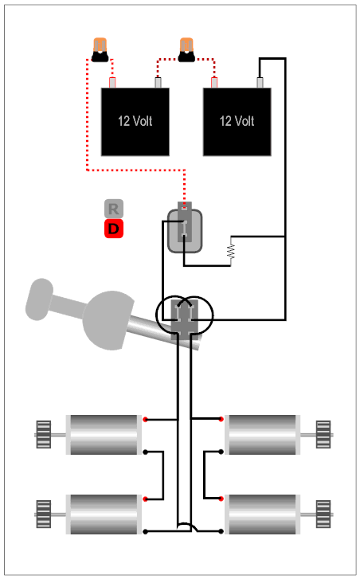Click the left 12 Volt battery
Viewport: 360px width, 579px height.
pyautogui.click(x=135, y=122)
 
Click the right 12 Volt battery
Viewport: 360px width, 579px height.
pyautogui.click(x=237, y=122)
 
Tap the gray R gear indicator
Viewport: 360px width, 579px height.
pyautogui.click(x=114, y=209)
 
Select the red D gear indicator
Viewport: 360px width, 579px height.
pyautogui.click(x=114, y=229)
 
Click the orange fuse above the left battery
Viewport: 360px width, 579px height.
pyautogui.click(x=100, y=49)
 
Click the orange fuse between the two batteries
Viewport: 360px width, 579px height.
pyautogui.click(x=186, y=49)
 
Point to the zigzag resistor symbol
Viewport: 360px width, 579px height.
pyautogui.click(x=232, y=251)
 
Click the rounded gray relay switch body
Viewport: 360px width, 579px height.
pyautogui.click(x=185, y=231)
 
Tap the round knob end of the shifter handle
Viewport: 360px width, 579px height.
pyautogui.click(x=39, y=299)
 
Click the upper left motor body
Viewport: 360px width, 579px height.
pyautogui.click(x=104, y=435)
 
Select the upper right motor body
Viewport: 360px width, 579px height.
pyautogui.click(x=263, y=435)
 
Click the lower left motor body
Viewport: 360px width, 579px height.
pyautogui.click(x=104, y=514)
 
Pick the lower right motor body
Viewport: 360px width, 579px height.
pyautogui.click(x=263, y=514)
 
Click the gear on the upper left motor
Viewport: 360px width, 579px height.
pyautogui.click(x=44, y=435)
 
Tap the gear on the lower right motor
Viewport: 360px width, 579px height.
pyautogui.click(x=323, y=514)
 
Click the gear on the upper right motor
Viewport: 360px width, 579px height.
pyautogui.click(x=323, y=435)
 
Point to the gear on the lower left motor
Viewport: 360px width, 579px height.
pyautogui.click(x=44, y=514)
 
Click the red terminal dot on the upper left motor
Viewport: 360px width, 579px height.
pyautogui.click(x=145, y=420)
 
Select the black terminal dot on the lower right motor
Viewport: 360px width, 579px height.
pyautogui.click(x=221, y=531)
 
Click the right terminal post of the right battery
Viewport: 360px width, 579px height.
pyautogui.click(x=260, y=83)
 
